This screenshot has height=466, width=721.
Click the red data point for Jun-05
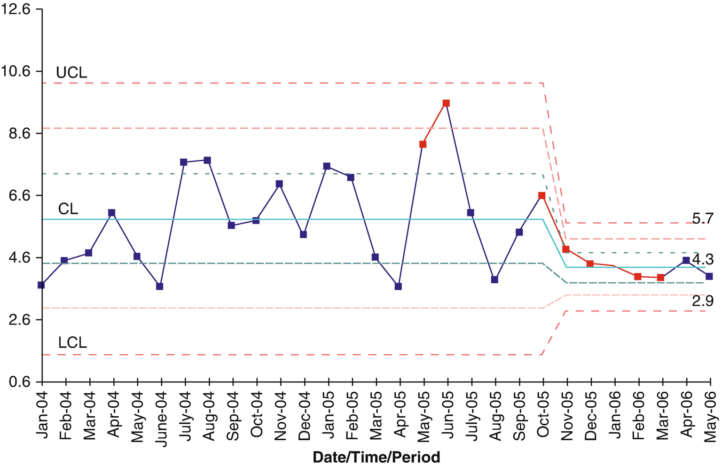[x=446, y=103]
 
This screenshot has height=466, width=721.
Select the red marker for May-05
[x=423, y=144]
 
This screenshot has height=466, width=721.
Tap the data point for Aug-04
[x=207, y=160]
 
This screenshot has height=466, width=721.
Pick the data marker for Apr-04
[x=112, y=213]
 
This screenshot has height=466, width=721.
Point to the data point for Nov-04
[x=279, y=184]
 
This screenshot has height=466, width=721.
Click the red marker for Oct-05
[x=542, y=195]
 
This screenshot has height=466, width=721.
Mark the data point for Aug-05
[x=494, y=280]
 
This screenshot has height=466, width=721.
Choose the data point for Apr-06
[x=686, y=260]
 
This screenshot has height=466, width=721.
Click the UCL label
[x=71, y=73]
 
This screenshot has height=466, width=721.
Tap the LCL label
[x=72, y=343]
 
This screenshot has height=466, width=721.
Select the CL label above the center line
[x=68, y=209]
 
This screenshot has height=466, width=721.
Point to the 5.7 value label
[x=703, y=218]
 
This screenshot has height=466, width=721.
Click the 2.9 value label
[x=703, y=301]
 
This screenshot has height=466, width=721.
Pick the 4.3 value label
[x=703, y=259]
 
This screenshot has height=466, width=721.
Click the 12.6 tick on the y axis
[x=16, y=9]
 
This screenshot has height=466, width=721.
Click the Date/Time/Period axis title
[x=376, y=457]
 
